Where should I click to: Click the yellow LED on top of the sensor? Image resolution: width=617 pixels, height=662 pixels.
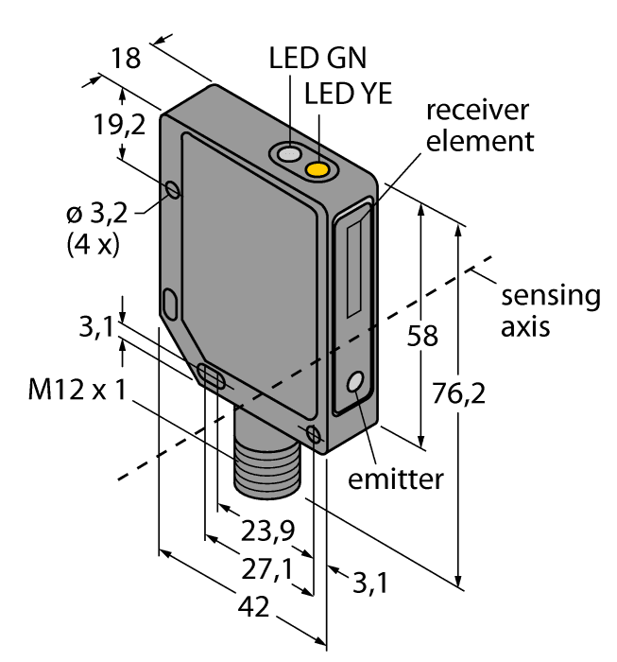[319, 169]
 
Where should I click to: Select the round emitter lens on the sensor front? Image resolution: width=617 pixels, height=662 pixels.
[356, 383]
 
